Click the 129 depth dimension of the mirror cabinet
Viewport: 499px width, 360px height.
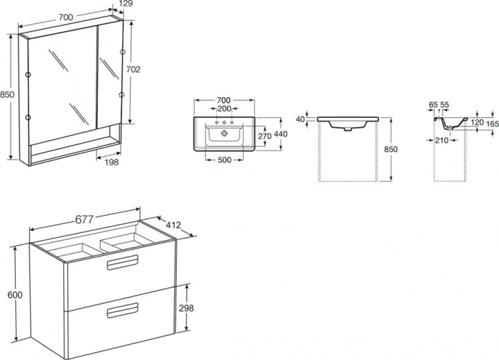(126, 3)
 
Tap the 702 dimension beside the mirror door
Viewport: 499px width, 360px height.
(133, 69)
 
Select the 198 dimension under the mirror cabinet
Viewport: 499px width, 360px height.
(111, 162)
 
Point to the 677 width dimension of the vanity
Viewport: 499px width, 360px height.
(84, 220)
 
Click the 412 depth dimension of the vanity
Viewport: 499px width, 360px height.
(174, 226)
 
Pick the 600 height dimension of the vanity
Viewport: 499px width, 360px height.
(15, 295)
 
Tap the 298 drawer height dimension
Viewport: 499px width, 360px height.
(186, 308)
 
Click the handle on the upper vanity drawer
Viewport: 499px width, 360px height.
(122, 262)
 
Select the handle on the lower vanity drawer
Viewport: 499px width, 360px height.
(122, 310)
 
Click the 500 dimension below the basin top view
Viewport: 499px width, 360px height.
(224, 160)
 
